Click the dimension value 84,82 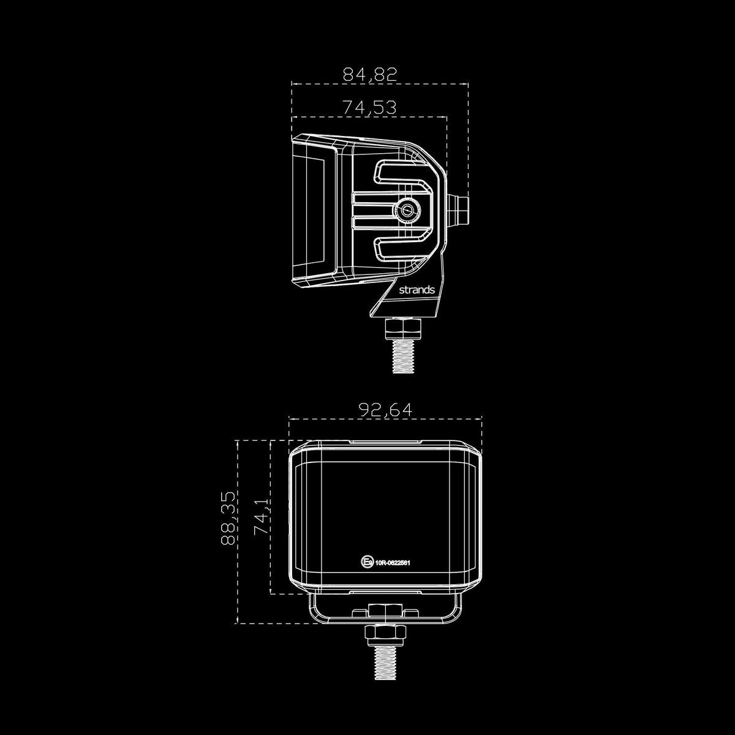(370, 75)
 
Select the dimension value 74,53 (369, 107)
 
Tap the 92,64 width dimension (385, 410)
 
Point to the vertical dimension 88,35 (227, 518)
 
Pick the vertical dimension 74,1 (261, 518)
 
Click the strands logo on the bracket (417, 289)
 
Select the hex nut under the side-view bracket (403, 330)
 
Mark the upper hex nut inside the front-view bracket (385, 611)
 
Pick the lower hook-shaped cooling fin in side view (404, 247)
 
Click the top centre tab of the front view (385, 441)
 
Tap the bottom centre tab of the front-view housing (385, 593)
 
